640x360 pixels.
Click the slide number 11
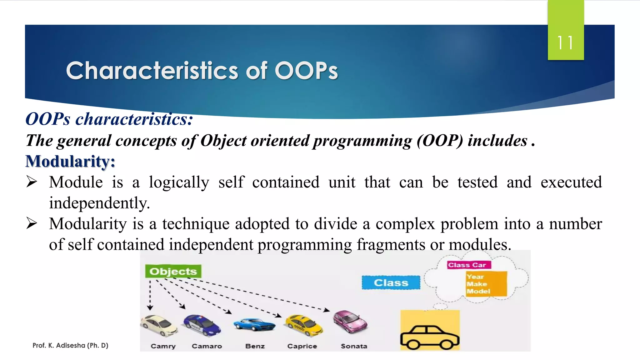click(565, 43)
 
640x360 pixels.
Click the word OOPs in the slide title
click(306, 71)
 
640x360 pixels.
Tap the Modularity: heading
click(70, 162)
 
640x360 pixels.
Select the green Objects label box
click(173, 271)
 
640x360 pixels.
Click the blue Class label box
click(391, 282)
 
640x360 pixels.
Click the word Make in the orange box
click(477, 284)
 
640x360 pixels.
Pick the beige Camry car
click(158, 325)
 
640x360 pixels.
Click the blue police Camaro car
click(202, 325)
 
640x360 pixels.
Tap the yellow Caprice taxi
click(303, 325)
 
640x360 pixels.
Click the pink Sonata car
click(350, 322)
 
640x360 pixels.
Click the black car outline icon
click(430, 337)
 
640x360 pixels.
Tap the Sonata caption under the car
click(354, 346)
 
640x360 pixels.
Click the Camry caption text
click(163, 346)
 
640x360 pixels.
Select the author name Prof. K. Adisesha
click(70, 345)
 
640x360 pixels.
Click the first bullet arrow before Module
click(32, 182)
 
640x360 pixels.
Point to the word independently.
click(99, 203)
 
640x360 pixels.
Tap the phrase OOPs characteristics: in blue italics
click(109, 119)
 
